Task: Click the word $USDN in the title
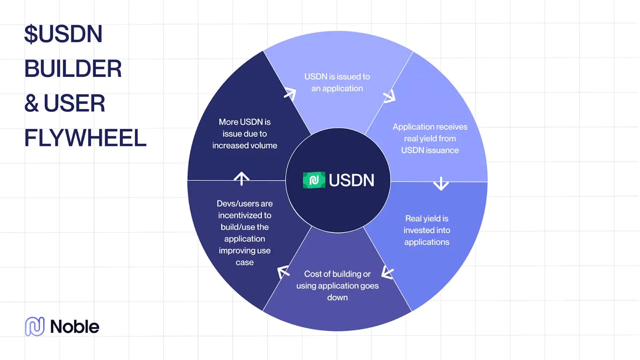63,34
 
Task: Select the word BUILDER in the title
73,69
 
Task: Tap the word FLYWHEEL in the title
85,138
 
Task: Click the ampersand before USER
32,103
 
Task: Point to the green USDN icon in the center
314,180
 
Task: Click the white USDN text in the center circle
351,180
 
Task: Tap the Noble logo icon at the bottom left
35,326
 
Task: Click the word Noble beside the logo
75,327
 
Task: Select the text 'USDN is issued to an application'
337,82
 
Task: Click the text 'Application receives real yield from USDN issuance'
430,138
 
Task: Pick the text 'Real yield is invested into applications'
427,230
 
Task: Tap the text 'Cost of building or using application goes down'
337,286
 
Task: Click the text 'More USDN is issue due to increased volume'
245,134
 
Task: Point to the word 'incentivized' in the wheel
245,215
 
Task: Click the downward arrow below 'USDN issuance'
441,183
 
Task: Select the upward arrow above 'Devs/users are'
241,178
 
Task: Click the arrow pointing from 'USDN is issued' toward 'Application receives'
389,96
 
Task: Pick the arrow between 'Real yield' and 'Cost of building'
387,272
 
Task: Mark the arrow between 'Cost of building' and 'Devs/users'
283,272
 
